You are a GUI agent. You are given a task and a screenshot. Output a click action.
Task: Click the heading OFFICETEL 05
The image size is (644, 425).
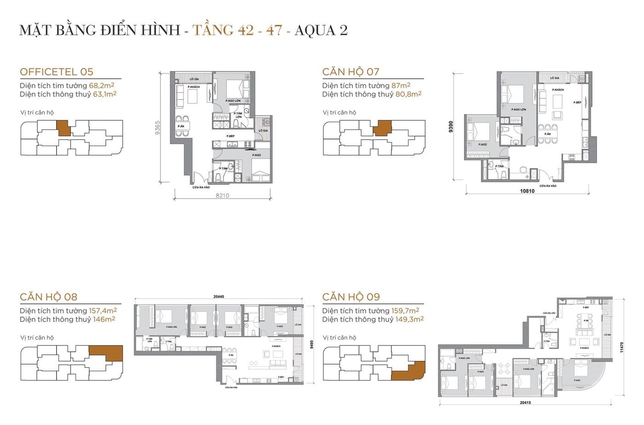point(57,72)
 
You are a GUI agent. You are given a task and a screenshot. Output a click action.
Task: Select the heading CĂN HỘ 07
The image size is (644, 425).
point(351,72)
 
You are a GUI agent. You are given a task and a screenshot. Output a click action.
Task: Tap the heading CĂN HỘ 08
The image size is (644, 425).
point(48,297)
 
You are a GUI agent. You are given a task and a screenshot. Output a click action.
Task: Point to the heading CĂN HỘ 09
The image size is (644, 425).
point(351,297)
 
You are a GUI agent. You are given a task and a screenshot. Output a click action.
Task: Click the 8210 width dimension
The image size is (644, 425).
point(222,195)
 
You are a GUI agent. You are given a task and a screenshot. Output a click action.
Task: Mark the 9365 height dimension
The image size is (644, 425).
point(157,127)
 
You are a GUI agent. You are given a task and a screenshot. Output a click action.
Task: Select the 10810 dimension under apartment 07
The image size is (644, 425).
point(527,191)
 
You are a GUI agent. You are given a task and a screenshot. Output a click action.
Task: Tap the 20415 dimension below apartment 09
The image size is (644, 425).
point(526,403)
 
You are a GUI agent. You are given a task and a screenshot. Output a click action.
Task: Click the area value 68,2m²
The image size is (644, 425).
point(102,85)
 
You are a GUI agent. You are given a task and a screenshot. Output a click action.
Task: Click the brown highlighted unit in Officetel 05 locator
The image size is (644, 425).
point(63,127)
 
